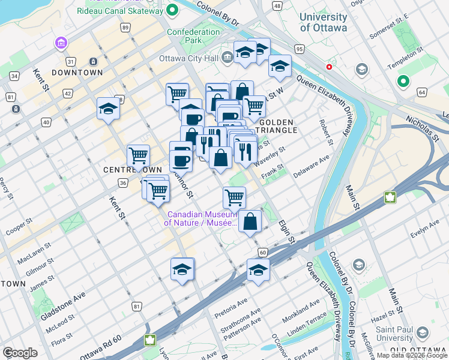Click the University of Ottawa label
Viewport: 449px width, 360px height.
[x=324, y=23]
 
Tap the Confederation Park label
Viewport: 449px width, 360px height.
[x=193, y=36]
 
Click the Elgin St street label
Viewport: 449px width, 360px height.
[x=287, y=231]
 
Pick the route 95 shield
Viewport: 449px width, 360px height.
[x=300, y=48]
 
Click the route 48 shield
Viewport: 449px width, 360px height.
[x=277, y=5]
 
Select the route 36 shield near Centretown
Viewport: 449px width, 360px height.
[x=122, y=182]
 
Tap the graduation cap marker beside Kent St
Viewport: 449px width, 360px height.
[x=107, y=109]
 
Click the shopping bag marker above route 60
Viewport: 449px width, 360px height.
[x=250, y=221]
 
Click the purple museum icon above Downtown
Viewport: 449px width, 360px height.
[x=61, y=43]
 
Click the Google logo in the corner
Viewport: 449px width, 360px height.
[x=20, y=353]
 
